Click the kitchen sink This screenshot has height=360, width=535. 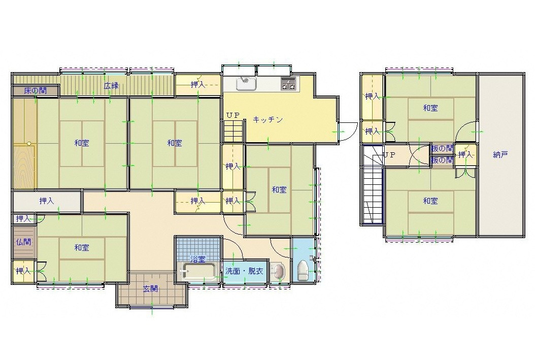[246, 84]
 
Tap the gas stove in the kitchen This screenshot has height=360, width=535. [288, 84]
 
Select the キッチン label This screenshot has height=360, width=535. [268, 120]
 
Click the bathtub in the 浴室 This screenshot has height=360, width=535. [198, 272]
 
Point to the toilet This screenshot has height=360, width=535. [303, 271]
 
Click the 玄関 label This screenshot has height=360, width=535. [150, 289]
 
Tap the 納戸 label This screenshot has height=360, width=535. [500, 154]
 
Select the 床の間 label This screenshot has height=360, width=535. [36, 91]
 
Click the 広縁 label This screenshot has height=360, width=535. [111, 86]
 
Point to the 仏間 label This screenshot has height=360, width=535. [23, 242]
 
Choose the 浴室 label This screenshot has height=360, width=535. [198, 259]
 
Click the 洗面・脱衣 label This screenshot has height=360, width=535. [244, 272]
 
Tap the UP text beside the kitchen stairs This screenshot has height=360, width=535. [233, 115]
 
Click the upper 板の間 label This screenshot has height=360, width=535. [442, 149]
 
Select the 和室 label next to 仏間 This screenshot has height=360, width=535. [82, 247]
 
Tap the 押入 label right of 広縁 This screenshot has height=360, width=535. [198, 85]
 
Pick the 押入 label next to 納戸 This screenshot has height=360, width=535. [465, 154]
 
